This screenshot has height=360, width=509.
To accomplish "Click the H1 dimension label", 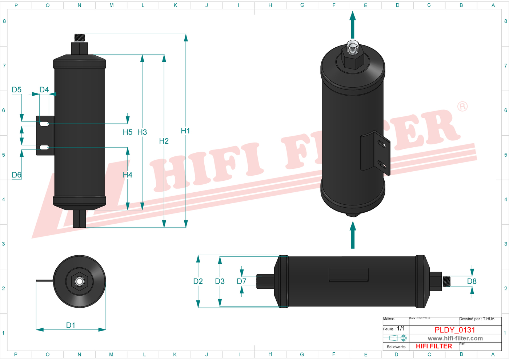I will [185, 131].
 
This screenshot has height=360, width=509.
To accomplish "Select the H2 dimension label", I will [164, 141].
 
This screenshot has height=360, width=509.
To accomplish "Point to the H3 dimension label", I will [142, 132].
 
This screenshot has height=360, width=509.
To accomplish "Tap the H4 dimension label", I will [127, 175].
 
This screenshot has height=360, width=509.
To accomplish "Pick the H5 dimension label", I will [127, 132].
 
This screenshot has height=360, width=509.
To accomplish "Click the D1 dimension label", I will [71, 325].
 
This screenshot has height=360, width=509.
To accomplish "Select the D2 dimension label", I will [198, 281].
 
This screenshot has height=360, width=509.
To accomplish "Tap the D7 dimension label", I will [241, 281].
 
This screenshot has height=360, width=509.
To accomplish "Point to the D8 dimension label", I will [472, 281].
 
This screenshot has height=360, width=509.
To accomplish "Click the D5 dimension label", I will [17, 90].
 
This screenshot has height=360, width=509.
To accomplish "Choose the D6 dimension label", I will [17, 175].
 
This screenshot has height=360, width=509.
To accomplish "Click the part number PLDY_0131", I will [455, 330].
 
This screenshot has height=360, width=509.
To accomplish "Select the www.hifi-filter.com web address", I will [455, 339].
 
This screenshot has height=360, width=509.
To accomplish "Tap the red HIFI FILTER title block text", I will [434, 346].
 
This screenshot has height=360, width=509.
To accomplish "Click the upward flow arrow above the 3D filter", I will [352, 25].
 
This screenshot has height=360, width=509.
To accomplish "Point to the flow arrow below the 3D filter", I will [352, 235].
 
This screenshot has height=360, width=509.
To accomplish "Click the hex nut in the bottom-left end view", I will [79, 281].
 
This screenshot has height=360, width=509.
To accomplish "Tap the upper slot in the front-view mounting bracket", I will [44, 124].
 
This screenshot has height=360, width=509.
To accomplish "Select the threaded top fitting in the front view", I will [79, 37].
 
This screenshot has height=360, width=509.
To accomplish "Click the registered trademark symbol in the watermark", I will [462, 107].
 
